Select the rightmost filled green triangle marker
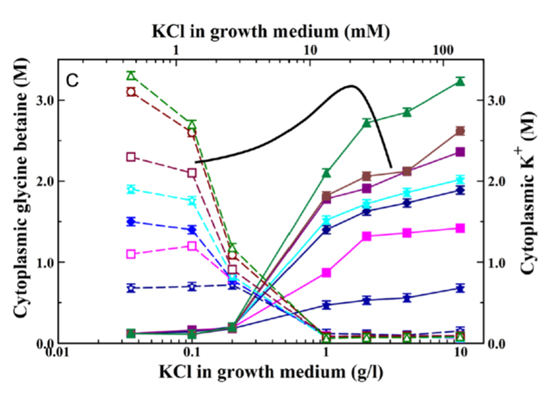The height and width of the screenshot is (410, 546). click(x=460, y=82)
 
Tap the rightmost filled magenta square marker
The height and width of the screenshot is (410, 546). click(x=460, y=228)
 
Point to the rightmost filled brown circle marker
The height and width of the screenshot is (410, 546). click(x=460, y=131)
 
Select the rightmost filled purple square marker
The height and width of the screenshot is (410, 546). click(x=460, y=152)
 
